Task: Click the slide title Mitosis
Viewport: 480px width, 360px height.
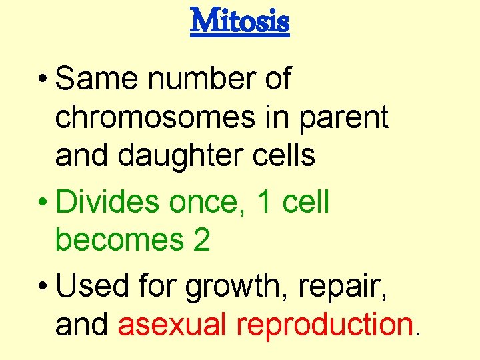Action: click(240, 21)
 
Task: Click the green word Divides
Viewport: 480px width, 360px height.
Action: click(108, 202)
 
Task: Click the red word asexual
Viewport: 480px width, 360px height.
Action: click(173, 325)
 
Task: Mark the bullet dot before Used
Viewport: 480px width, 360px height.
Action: click(45, 287)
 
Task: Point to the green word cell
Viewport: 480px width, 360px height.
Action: click(306, 202)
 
